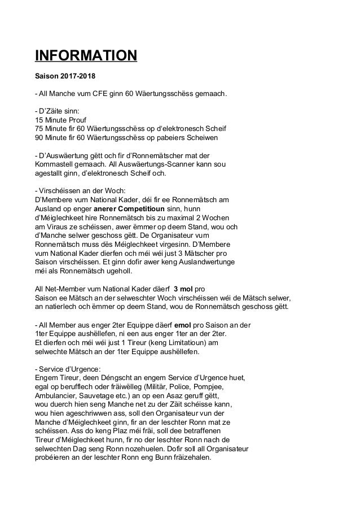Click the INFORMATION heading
[86, 56]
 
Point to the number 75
[39, 128]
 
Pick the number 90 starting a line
[39, 137]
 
